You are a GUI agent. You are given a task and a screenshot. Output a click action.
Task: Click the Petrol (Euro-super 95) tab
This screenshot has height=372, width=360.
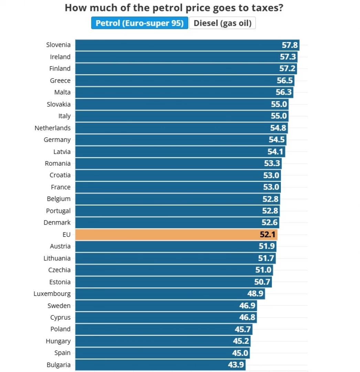pyautogui.click(x=139, y=23)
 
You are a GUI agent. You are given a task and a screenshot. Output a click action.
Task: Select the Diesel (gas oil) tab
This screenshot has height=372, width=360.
pyautogui.click(x=222, y=23)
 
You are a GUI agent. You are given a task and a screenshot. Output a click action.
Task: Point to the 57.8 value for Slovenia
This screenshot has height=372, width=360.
pyautogui.click(x=289, y=45)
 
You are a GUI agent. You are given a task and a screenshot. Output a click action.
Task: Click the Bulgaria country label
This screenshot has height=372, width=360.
pyautogui.click(x=59, y=365)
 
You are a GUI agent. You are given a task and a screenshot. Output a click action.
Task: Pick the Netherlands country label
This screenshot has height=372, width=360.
pyautogui.click(x=52, y=128)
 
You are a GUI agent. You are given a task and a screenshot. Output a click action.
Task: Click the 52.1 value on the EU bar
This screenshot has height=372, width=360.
pyautogui.click(x=268, y=235)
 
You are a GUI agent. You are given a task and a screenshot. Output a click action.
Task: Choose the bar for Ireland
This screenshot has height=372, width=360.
pyautogui.click(x=172, y=57)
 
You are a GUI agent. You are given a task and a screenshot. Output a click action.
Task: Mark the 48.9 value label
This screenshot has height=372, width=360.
pyautogui.click(x=255, y=294)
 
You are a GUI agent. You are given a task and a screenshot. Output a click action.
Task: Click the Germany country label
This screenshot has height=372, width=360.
pyautogui.click(x=57, y=139)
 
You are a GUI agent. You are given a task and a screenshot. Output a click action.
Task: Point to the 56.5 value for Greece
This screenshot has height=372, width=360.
pyautogui.click(x=285, y=81)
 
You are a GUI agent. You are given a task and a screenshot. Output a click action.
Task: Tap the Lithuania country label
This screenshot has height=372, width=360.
pyautogui.click(x=57, y=258)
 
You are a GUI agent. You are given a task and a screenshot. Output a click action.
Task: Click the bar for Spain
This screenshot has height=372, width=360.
pyautogui.click(x=155, y=353)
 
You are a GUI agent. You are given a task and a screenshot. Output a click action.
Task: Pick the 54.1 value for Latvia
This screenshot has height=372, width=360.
pyautogui.click(x=275, y=152)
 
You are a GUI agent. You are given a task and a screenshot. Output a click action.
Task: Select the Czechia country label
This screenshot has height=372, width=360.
pyautogui.click(x=59, y=270)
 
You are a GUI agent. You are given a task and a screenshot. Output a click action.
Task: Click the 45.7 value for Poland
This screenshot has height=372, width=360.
pyautogui.click(x=243, y=329)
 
